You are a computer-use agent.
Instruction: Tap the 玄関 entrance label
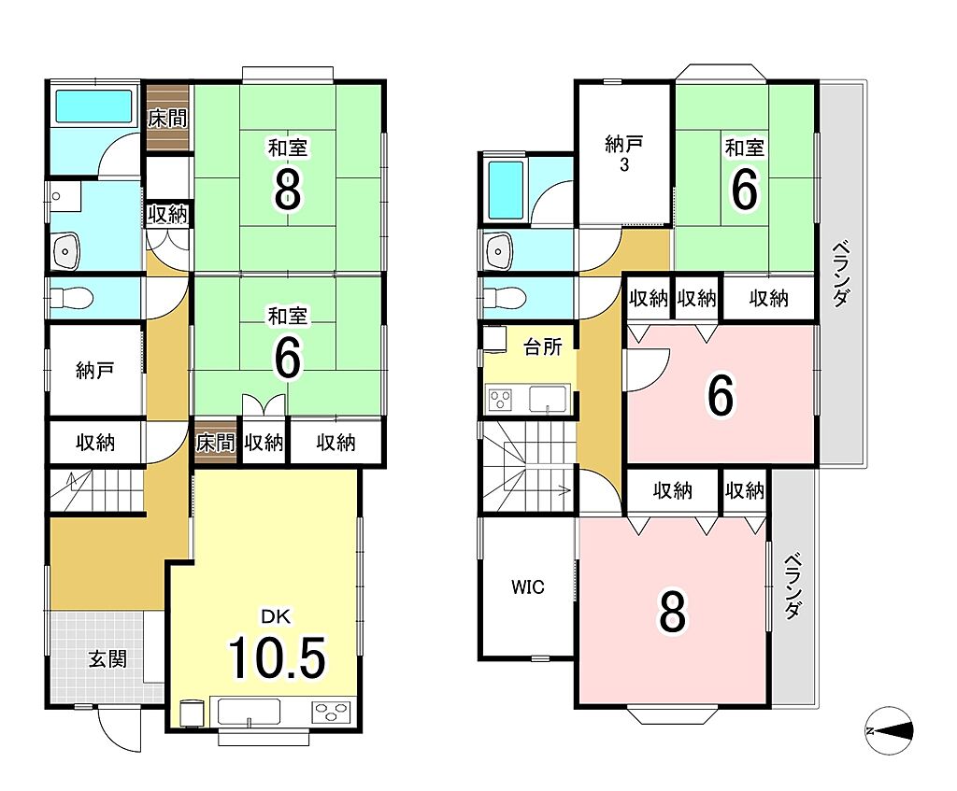(x=107, y=658)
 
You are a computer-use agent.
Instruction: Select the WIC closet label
(x=528, y=586)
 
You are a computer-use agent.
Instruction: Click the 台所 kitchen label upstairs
(x=543, y=346)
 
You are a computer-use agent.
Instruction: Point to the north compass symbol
(x=890, y=730)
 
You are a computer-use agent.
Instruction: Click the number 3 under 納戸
(x=623, y=165)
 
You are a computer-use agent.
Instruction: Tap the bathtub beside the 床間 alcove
(x=94, y=106)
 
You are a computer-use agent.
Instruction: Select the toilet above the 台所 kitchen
(x=504, y=298)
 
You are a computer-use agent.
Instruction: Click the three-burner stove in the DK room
(x=332, y=712)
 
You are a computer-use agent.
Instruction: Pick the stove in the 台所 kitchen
(x=501, y=400)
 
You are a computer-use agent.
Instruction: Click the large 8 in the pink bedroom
(x=672, y=613)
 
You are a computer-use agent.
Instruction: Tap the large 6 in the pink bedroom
(x=721, y=395)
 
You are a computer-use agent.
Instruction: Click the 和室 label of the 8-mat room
(x=288, y=148)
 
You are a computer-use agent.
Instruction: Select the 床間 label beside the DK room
(x=216, y=442)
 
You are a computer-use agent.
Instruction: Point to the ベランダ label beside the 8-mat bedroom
(x=793, y=586)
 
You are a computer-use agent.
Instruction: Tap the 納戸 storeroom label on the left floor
(x=94, y=370)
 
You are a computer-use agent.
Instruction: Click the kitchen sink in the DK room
(x=249, y=712)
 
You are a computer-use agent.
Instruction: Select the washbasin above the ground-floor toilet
(x=66, y=250)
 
